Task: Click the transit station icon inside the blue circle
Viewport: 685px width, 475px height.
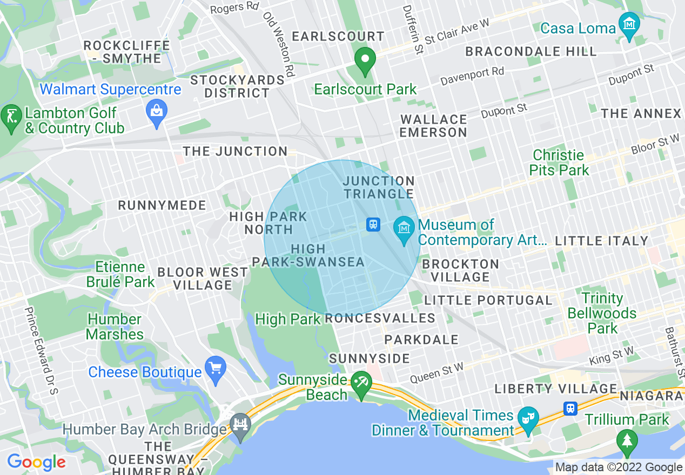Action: point(373,225)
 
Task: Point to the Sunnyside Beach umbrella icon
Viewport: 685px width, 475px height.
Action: point(360,383)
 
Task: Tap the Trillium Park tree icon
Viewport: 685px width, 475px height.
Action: point(627,439)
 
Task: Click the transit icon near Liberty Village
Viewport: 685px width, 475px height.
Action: point(570,409)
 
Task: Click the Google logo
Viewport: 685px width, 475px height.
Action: point(36,462)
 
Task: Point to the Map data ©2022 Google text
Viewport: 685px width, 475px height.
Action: point(619,467)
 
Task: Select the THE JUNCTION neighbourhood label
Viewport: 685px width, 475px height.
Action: point(235,152)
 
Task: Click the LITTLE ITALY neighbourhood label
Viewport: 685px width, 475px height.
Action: point(601,241)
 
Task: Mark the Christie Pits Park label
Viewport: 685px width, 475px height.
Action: point(559,162)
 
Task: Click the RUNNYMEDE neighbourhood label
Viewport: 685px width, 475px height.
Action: point(162,205)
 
